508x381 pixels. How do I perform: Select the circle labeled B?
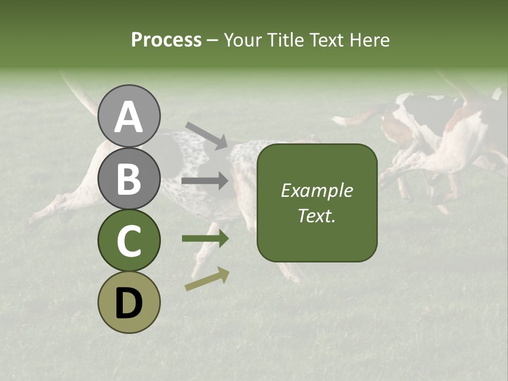(129, 178)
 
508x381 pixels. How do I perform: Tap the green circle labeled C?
(129, 240)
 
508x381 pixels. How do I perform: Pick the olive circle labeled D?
(129, 302)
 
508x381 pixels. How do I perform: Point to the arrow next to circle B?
(205, 182)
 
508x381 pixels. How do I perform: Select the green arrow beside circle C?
(205, 239)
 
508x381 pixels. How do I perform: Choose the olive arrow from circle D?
(207, 279)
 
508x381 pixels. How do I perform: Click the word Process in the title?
(166, 40)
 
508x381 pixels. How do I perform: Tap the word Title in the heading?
(286, 40)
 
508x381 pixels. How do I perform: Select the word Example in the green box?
(316, 191)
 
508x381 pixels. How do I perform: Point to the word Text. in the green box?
(316, 215)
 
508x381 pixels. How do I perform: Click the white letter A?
(129, 117)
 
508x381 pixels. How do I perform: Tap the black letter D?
(129, 303)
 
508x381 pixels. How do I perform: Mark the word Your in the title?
(243, 40)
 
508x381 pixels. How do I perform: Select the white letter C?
(129, 241)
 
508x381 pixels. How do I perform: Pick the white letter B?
(129, 179)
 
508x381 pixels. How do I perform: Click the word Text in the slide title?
(325, 40)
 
